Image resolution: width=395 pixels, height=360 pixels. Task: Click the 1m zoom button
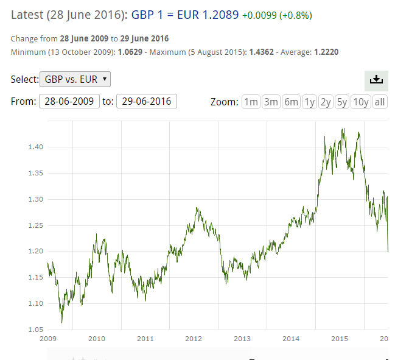(x=251, y=102)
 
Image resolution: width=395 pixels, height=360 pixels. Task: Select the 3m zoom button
(x=271, y=102)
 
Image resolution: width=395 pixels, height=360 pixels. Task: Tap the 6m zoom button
(x=291, y=102)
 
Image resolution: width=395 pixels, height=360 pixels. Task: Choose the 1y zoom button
(x=310, y=102)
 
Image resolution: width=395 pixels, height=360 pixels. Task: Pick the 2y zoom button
(x=326, y=102)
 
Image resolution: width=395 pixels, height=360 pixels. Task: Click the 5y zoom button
(x=343, y=102)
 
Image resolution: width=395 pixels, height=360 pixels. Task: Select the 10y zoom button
(x=361, y=102)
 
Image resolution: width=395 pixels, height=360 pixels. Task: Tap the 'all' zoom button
(x=380, y=102)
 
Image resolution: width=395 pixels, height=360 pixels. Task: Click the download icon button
(x=376, y=80)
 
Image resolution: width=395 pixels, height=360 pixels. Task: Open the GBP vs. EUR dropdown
(x=75, y=79)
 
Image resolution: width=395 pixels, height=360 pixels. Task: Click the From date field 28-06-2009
(x=69, y=101)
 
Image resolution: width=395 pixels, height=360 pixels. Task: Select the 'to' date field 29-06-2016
(x=147, y=101)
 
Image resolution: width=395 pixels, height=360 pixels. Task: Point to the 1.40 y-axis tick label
(x=35, y=147)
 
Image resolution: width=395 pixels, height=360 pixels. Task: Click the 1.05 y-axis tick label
(x=35, y=330)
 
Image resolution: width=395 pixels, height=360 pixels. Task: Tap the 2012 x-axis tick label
(x=194, y=339)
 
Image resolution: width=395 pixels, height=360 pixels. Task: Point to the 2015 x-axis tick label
(x=340, y=339)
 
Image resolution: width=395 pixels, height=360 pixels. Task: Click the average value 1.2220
(x=326, y=52)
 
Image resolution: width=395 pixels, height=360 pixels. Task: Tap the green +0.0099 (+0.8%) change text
(x=281, y=14)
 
